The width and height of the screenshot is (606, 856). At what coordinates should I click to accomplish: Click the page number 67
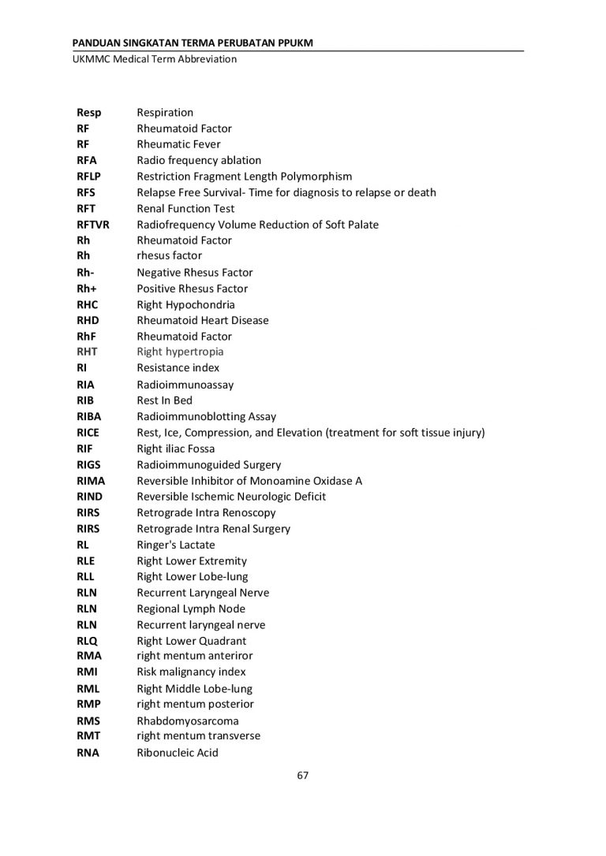tap(302, 775)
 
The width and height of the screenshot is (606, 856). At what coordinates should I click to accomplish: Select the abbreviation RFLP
tap(89, 177)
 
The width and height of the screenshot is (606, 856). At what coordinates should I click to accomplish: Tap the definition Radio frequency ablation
tap(199, 160)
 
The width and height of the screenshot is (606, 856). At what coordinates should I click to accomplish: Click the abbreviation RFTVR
tap(92, 225)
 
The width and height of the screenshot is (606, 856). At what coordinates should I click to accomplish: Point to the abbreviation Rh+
tap(86, 288)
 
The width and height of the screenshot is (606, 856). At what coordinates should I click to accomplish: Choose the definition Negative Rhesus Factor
tap(195, 273)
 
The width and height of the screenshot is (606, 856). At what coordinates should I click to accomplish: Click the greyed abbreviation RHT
tap(87, 352)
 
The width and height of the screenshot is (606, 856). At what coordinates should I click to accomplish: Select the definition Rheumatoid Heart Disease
tap(203, 320)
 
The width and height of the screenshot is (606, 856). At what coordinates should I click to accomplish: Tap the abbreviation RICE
tap(88, 433)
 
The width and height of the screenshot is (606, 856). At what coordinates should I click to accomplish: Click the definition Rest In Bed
tap(164, 400)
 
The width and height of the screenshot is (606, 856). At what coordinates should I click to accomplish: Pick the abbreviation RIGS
tap(88, 465)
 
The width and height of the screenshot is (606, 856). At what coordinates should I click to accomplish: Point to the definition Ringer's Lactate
tap(176, 545)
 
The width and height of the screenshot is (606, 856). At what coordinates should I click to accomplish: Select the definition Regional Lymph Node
tap(191, 609)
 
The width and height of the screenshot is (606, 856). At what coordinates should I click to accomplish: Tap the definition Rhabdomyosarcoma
tap(188, 720)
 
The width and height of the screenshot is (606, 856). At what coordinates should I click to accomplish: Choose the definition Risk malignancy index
tap(191, 672)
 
